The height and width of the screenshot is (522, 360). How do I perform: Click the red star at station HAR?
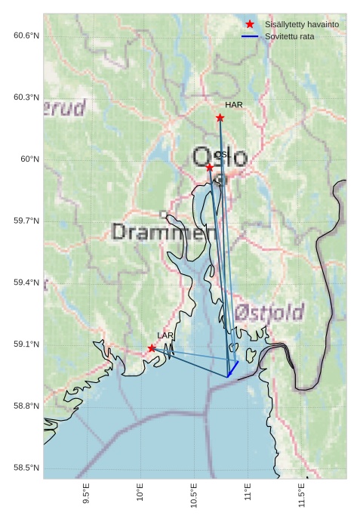point(220,118)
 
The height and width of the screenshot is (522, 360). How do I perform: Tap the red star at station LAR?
point(152,348)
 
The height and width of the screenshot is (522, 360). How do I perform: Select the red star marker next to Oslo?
point(209,167)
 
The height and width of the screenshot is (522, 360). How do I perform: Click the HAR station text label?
point(233,105)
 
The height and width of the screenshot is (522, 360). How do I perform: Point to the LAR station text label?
point(165,335)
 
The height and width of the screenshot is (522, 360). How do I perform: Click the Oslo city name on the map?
point(220,157)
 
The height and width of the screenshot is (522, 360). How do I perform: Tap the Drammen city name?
point(158,232)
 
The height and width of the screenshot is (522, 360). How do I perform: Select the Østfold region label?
point(269,312)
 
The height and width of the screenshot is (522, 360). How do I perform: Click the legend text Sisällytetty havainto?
point(301,24)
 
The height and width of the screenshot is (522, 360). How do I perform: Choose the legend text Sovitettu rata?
point(290,36)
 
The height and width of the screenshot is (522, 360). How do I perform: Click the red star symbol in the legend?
point(250,24)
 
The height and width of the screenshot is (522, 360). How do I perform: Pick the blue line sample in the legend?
point(250,36)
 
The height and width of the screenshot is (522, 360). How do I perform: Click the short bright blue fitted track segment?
point(233,368)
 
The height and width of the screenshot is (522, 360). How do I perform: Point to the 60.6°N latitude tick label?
point(26,36)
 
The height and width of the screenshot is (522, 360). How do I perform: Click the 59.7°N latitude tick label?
point(26,221)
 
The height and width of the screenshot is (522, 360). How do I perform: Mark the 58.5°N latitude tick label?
point(26,468)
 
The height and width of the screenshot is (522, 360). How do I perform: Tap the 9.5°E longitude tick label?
point(87,495)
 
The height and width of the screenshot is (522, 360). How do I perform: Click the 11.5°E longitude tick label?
point(302,495)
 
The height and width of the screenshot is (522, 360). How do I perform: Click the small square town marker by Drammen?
point(164,215)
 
